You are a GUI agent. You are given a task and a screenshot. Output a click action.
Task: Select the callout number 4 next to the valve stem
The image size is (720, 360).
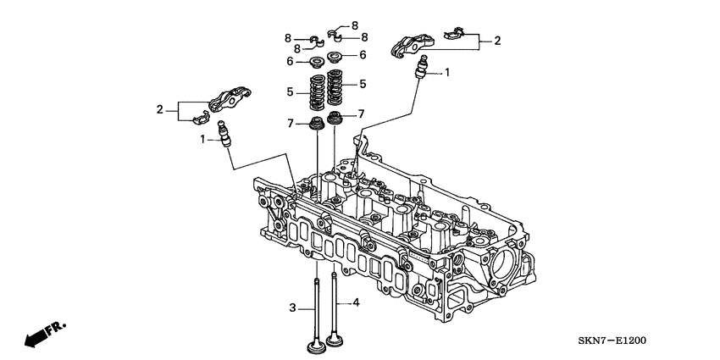coord(356,302)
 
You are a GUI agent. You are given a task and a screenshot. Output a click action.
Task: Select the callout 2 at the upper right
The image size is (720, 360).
coord(497,40)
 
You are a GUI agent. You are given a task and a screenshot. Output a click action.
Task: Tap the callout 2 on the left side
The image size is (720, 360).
coord(159,108)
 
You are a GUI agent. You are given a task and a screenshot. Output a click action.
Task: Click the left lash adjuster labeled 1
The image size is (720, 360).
coord(224,134)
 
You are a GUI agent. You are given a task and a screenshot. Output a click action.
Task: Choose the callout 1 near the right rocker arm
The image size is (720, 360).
coord(447,73)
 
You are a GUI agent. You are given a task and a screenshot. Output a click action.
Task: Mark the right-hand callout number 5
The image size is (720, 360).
coord(362,85)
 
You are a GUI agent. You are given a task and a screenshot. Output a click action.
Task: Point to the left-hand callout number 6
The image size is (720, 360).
coord(289,62)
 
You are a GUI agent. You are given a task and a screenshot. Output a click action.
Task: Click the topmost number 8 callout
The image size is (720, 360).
coord(355,25)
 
